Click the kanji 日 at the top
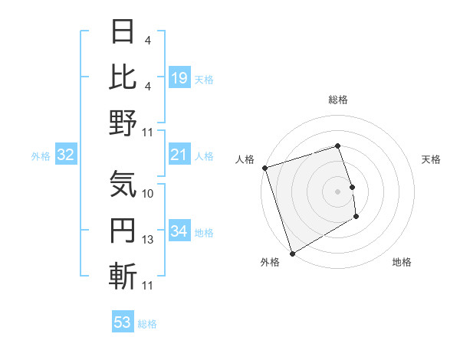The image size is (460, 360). click(x=123, y=33)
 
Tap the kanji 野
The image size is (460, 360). click(x=123, y=122)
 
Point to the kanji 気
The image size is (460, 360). click(x=123, y=183)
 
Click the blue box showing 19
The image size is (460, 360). click(x=179, y=78)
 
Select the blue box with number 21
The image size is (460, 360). click(x=179, y=155)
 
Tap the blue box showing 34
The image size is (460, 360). click(x=179, y=231)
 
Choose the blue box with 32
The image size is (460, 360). click(x=65, y=155)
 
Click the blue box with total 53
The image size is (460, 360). click(x=122, y=322)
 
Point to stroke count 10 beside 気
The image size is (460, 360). click(x=148, y=194)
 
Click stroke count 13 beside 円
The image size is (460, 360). click(x=148, y=240)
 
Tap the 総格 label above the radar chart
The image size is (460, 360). click(x=338, y=100)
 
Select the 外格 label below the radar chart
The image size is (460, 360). click(x=270, y=263)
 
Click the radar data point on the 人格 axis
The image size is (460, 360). click(x=264, y=168)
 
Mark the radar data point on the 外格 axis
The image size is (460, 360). click(x=291, y=253)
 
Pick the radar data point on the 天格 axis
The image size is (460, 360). click(x=352, y=186)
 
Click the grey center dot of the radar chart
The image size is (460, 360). click(x=337, y=191)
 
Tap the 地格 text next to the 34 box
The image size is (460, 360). click(x=204, y=232)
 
